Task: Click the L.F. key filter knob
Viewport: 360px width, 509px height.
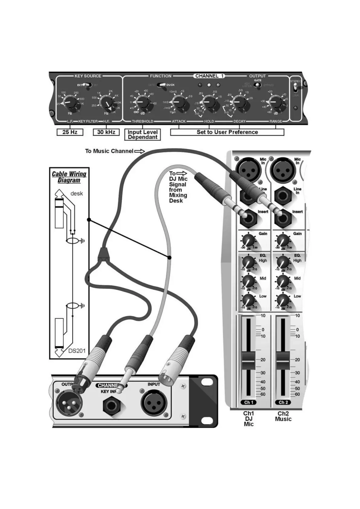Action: [x=70, y=102]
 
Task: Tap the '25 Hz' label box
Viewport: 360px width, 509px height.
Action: [x=70, y=132]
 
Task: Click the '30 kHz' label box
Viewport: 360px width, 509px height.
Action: [x=106, y=132]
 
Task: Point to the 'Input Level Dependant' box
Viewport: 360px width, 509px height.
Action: [x=142, y=135]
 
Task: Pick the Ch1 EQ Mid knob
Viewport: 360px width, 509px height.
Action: [x=248, y=281]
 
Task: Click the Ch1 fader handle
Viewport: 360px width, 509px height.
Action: [x=248, y=360]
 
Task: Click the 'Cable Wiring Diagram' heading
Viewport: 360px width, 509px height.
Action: [x=69, y=177]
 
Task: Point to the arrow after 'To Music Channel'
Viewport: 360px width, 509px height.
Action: [x=139, y=151]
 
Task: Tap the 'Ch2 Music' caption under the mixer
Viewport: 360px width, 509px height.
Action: [x=283, y=416]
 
